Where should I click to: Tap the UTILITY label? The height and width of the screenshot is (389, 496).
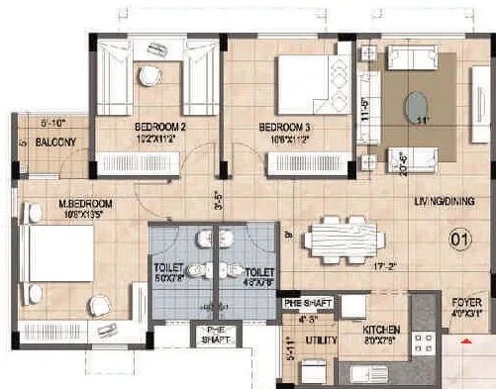[320, 340]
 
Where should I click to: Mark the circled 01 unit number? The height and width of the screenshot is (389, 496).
[459, 238]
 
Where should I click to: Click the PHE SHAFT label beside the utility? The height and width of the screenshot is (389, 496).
[306, 303]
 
